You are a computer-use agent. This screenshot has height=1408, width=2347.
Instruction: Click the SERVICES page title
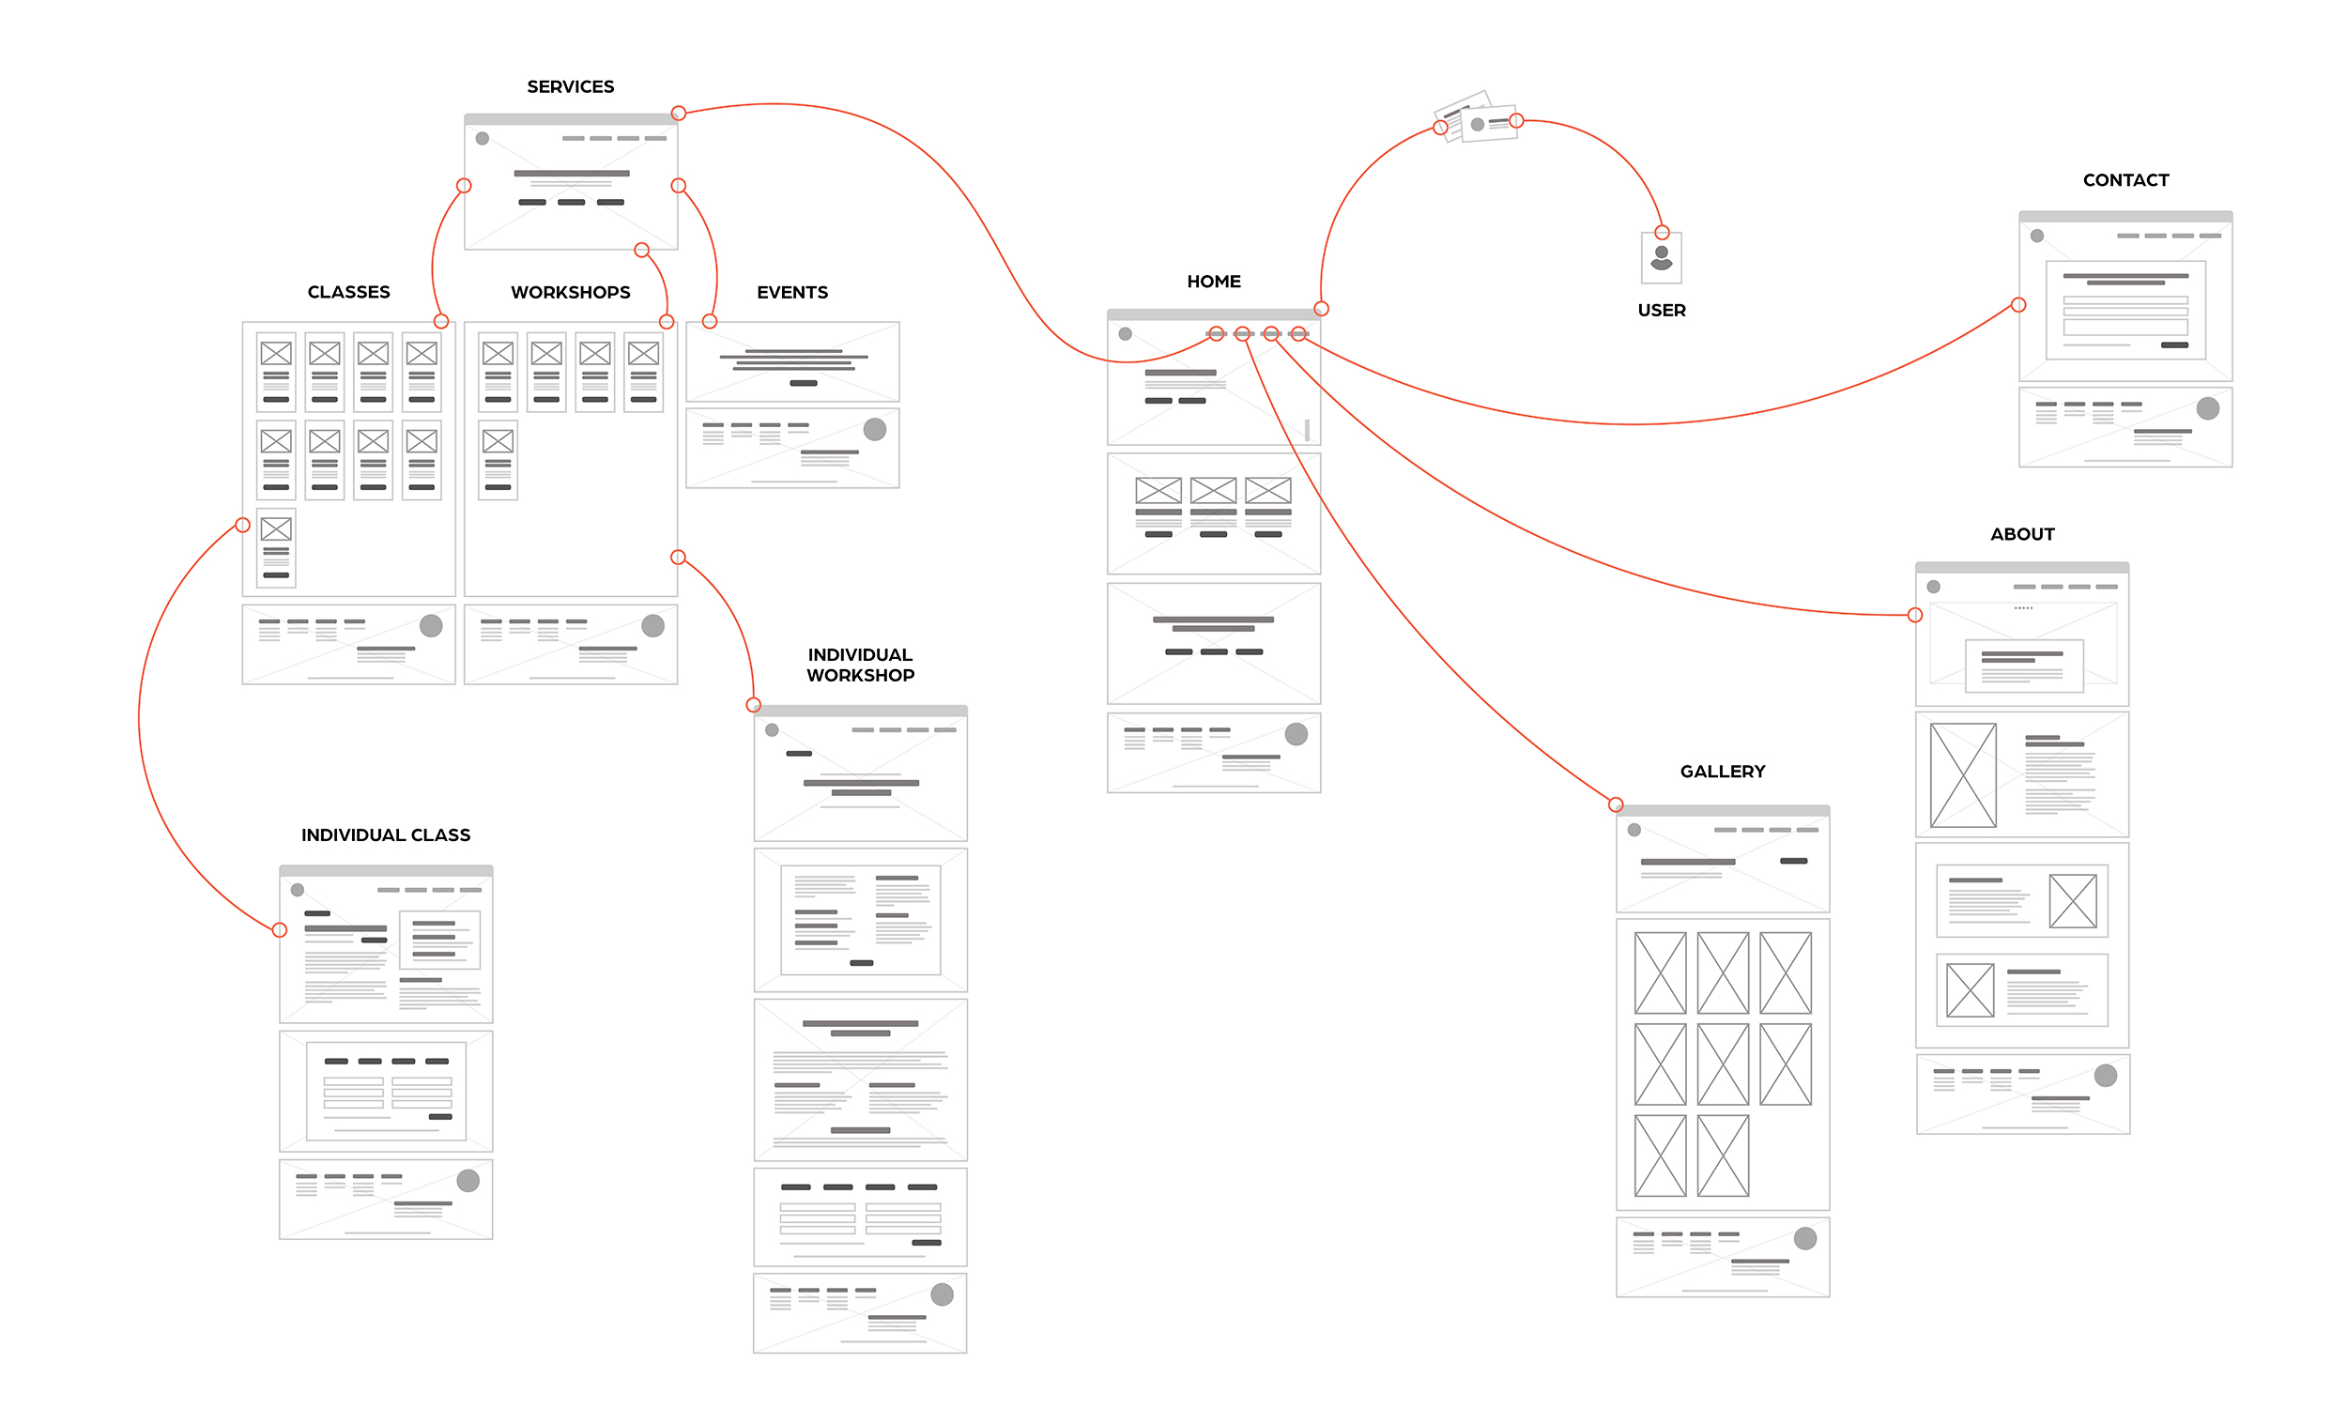coord(570,87)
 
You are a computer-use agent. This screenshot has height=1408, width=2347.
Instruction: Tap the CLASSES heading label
coord(348,292)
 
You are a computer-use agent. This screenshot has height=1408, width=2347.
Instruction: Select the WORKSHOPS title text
coord(570,292)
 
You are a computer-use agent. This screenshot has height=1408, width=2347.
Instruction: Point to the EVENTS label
coord(792,292)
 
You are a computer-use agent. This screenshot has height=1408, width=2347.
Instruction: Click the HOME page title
coord(1213,282)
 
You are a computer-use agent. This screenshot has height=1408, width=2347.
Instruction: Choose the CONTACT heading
coord(2125,180)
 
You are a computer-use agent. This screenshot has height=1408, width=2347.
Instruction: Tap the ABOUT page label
coord(2021,534)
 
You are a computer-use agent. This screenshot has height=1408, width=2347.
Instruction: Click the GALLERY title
coord(1722,772)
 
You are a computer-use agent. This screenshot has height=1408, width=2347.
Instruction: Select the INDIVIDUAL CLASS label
coord(385,834)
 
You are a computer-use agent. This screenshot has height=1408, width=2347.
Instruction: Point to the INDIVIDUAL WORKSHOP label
coord(860,666)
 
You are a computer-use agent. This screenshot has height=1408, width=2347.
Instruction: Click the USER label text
coord(1661,311)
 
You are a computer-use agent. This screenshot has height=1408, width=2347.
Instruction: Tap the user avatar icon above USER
coord(1661,258)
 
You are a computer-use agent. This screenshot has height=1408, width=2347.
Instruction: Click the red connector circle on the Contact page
coord(2017,305)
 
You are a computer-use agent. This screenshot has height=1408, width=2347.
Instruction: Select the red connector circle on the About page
coord(1914,615)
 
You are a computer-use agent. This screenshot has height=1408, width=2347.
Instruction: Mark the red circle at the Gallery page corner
coord(1616,804)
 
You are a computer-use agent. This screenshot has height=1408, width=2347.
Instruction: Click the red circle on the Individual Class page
coord(280,930)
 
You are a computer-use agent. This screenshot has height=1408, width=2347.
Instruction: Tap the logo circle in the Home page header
coord(1125,334)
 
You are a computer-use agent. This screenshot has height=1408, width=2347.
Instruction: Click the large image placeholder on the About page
coord(1963,775)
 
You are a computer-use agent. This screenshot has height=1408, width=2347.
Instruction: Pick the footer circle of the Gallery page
coord(1804,1238)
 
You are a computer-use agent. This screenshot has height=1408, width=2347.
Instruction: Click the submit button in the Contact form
coord(2173,345)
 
